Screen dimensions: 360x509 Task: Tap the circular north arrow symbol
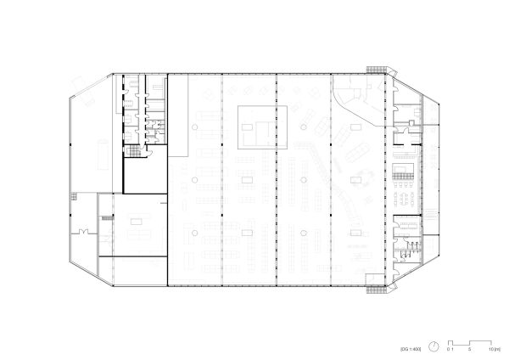(433, 346)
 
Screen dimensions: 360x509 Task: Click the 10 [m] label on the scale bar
(492, 348)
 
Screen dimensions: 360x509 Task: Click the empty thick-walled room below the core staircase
(144, 176)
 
